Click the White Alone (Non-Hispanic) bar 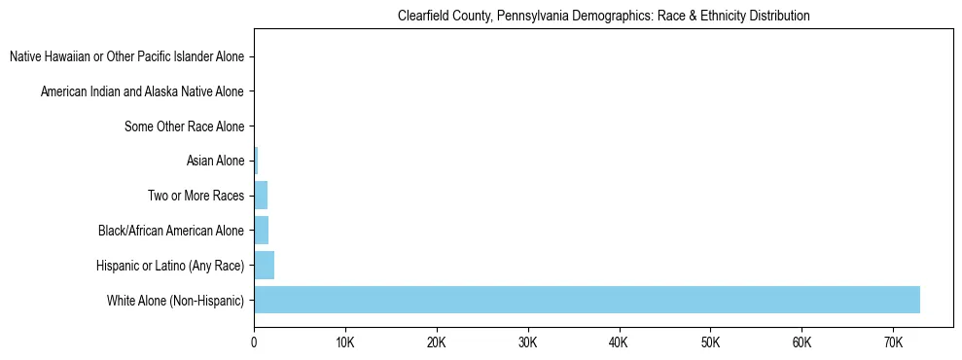(587, 300)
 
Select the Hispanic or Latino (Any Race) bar (264, 265)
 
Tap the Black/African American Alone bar (261, 231)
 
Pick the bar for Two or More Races (261, 196)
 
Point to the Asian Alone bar (256, 161)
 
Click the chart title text (603, 17)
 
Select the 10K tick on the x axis (344, 343)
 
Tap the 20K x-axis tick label (436, 343)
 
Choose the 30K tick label (527, 343)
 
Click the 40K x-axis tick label (619, 343)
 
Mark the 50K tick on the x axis (710, 343)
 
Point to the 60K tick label (802, 343)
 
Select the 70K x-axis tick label (893, 343)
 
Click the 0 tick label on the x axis (254, 343)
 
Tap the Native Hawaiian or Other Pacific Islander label (126, 57)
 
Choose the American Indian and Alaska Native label (142, 92)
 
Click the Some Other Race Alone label (184, 126)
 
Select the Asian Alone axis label (215, 162)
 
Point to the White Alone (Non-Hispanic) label (175, 301)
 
